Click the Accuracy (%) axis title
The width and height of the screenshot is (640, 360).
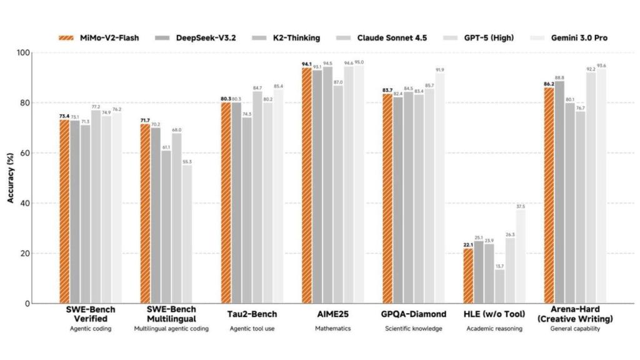click(11, 178)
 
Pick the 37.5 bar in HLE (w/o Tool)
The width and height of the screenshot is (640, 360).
click(520, 256)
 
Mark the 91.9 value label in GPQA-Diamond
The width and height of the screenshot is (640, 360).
click(439, 70)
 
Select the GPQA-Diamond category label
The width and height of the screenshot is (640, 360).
click(414, 314)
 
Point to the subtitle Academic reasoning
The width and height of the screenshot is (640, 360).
click(494, 329)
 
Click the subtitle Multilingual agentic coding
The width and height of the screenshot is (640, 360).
click(171, 329)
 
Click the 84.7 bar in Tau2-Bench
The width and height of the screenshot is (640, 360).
click(257, 197)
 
